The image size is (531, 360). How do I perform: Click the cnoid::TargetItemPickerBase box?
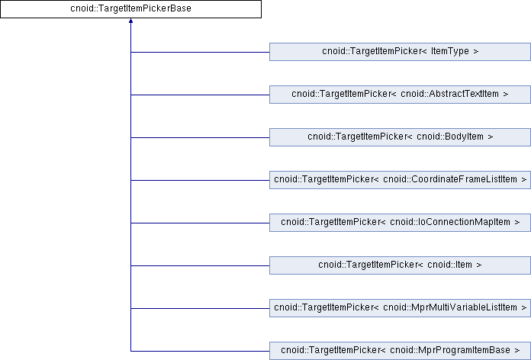pyautogui.click(x=130, y=9)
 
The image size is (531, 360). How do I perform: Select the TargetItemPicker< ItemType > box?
pyautogui.click(x=401, y=52)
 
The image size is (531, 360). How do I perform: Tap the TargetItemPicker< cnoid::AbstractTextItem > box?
pyautogui.click(x=401, y=95)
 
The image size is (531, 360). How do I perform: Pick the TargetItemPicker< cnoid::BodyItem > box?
pyautogui.click(x=401, y=137)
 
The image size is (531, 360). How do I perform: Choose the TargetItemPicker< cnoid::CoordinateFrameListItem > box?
pyautogui.click(x=401, y=180)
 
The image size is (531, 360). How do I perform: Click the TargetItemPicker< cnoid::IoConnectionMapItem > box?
pyautogui.click(x=401, y=223)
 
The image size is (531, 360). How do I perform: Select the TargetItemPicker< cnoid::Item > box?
pyautogui.click(x=401, y=265)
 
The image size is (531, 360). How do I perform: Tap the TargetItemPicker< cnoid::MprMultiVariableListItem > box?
pyautogui.click(x=401, y=308)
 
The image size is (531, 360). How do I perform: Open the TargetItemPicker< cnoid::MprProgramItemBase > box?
pyautogui.click(x=401, y=351)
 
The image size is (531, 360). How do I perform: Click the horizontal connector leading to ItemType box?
pyautogui.click(x=201, y=52)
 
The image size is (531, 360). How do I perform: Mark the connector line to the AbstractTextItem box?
pyautogui.click(x=201, y=95)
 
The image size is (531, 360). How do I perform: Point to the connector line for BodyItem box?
pyautogui.click(x=201, y=137)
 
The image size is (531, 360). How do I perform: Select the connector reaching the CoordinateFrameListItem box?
pyautogui.click(x=201, y=180)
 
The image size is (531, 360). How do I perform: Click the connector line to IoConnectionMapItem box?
pyautogui.click(x=201, y=223)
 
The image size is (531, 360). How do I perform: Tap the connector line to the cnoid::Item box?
pyautogui.click(x=201, y=265)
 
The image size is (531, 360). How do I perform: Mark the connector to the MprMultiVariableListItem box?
pyautogui.click(x=201, y=308)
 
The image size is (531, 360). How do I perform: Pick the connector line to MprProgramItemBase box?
pyautogui.click(x=201, y=351)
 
